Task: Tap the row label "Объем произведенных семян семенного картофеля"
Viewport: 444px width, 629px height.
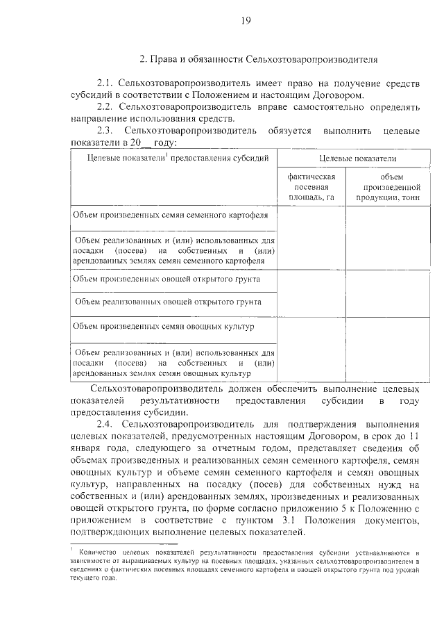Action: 171,215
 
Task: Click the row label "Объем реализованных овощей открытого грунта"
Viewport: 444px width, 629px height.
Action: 167,302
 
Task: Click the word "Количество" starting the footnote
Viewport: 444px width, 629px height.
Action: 100,550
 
